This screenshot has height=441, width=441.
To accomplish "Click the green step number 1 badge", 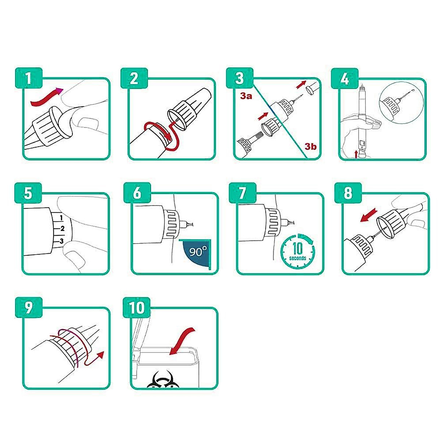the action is point(29,78).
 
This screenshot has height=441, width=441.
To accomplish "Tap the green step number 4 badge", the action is point(345,78).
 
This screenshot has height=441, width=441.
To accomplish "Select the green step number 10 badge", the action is point(137,308).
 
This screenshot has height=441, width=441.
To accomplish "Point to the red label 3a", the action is point(246,96).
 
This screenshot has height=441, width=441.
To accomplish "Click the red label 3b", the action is point(310,146).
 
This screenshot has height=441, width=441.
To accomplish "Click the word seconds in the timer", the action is point(298,258).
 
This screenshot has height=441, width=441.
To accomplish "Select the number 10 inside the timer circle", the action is point(298,248).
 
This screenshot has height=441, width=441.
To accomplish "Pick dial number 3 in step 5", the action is point(61,241).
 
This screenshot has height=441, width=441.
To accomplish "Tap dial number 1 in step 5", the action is point(61,218).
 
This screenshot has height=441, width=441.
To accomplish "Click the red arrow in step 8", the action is point(368,215).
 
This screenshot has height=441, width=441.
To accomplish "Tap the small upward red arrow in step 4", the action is point(356,154).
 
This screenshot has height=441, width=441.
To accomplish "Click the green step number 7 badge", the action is point(243,193).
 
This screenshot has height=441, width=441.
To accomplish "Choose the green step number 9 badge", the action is point(29,308).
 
